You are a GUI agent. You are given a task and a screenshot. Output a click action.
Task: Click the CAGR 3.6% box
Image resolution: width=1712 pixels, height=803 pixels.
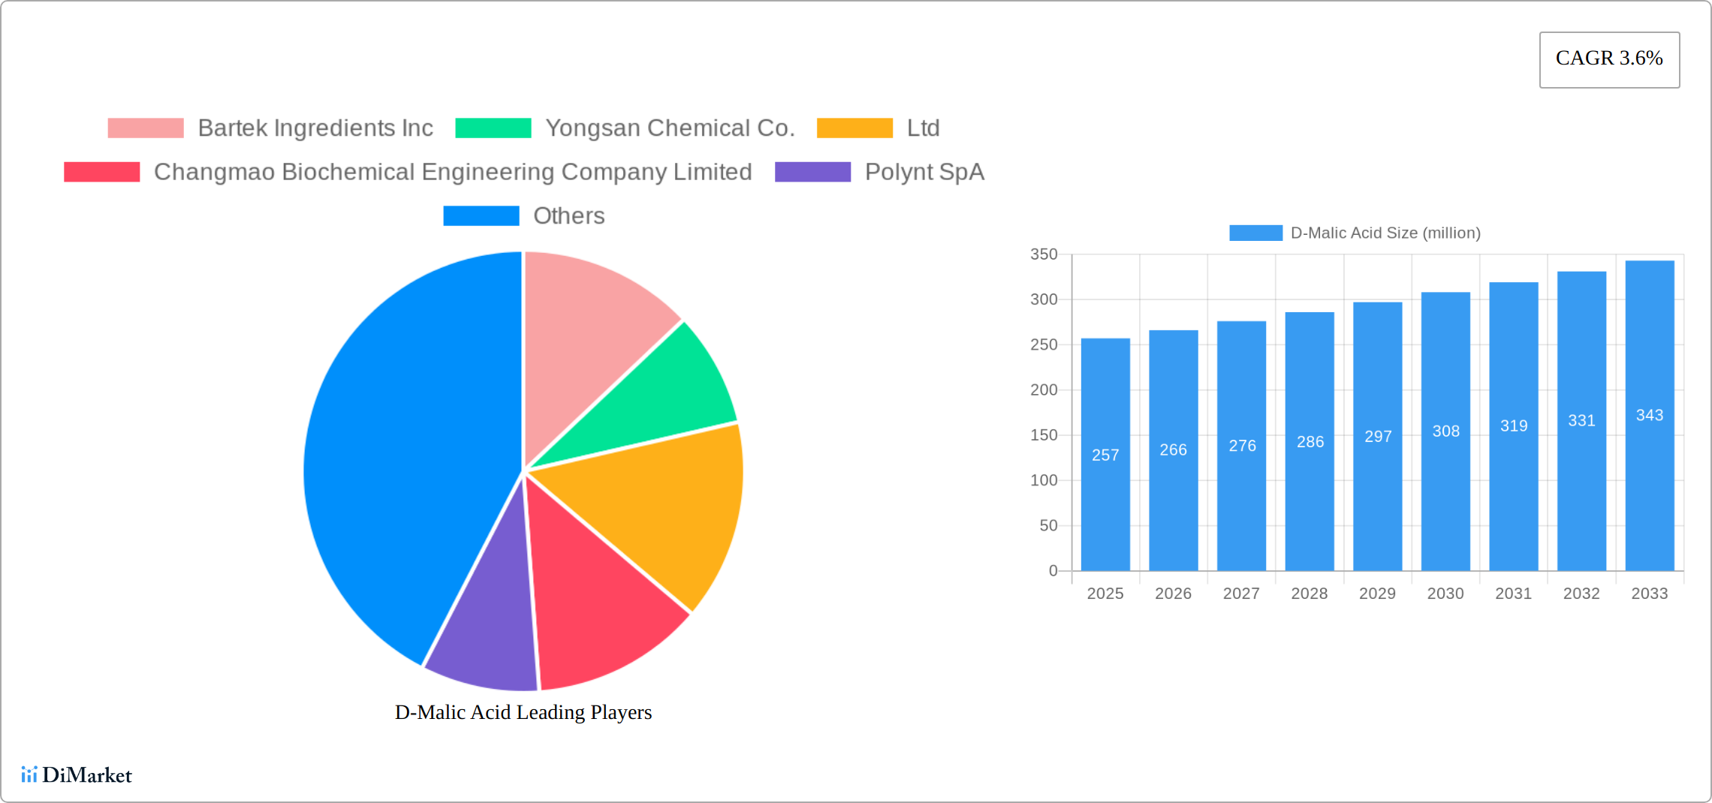[1609, 59]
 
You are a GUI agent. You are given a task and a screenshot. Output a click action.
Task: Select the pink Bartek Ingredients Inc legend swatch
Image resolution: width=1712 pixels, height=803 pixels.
[146, 128]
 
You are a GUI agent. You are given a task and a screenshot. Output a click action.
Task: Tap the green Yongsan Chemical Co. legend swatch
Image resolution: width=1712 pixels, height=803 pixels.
[493, 128]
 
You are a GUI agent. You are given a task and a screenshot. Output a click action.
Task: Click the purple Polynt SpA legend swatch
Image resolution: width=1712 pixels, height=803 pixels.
[812, 172]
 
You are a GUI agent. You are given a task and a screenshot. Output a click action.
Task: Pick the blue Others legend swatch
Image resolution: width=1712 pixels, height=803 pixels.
[481, 216]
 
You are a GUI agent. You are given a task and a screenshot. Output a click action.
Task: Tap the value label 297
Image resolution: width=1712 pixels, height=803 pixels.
[1378, 436]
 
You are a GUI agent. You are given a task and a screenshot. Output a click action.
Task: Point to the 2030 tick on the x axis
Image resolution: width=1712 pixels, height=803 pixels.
[1445, 594]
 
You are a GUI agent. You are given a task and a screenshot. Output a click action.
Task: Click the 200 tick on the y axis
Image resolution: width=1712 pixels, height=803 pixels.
[1044, 389]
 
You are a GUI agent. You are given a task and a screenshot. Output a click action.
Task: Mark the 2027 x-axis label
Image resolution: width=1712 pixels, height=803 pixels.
[1241, 594]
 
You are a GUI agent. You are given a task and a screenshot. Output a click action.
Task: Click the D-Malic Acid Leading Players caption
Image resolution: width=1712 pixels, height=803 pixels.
[523, 712]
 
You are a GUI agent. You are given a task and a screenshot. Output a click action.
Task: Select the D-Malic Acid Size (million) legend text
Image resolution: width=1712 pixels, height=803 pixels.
[1385, 233]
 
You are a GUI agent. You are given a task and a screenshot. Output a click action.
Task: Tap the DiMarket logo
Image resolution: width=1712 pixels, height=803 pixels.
[77, 775]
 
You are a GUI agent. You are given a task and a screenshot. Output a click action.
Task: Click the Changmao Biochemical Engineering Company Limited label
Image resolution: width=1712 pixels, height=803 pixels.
[453, 172]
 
